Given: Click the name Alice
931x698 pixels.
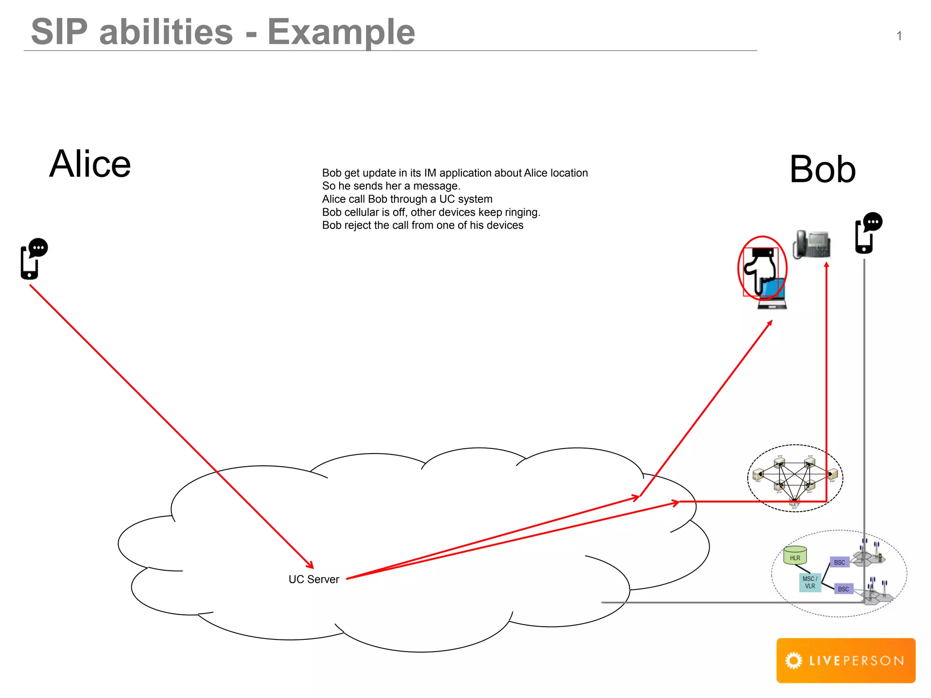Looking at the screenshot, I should pyautogui.click(x=90, y=164).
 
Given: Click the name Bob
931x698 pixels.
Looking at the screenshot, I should pyautogui.click(x=822, y=170).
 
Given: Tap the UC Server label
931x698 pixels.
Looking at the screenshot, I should pyautogui.click(x=314, y=579).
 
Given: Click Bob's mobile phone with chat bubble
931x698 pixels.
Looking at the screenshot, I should pyautogui.click(x=867, y=233).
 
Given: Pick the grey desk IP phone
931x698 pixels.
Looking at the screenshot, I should pyautogui.click(x=811, y=244).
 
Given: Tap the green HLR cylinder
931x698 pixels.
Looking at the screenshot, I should pyautogui.click(x=795, y=556).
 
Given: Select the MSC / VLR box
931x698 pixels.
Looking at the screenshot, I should pyautogui.click(x=810, y=583).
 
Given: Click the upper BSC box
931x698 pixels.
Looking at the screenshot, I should pyautogui.click(x=839, y=563).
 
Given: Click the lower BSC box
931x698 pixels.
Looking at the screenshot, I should pyautogui.click(x=843, y=589).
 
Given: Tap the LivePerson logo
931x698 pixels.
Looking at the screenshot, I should pyautogui.click(x=846, y=660).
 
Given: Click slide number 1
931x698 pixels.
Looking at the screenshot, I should pyautogui.click(x=899, y=36).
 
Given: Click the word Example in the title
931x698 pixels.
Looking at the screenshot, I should pyautogui.click(x=341, y=32).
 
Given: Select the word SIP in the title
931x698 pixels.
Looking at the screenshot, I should pyautogui.click(x=59, y=32).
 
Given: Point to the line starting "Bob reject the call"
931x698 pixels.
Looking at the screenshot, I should pyautogui.click(x=422, y=225).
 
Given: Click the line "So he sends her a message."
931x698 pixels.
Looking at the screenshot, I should pyautogui.click(x=391, y=186).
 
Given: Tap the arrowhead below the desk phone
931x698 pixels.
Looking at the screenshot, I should pyautogui.click(x=826, y=265).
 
